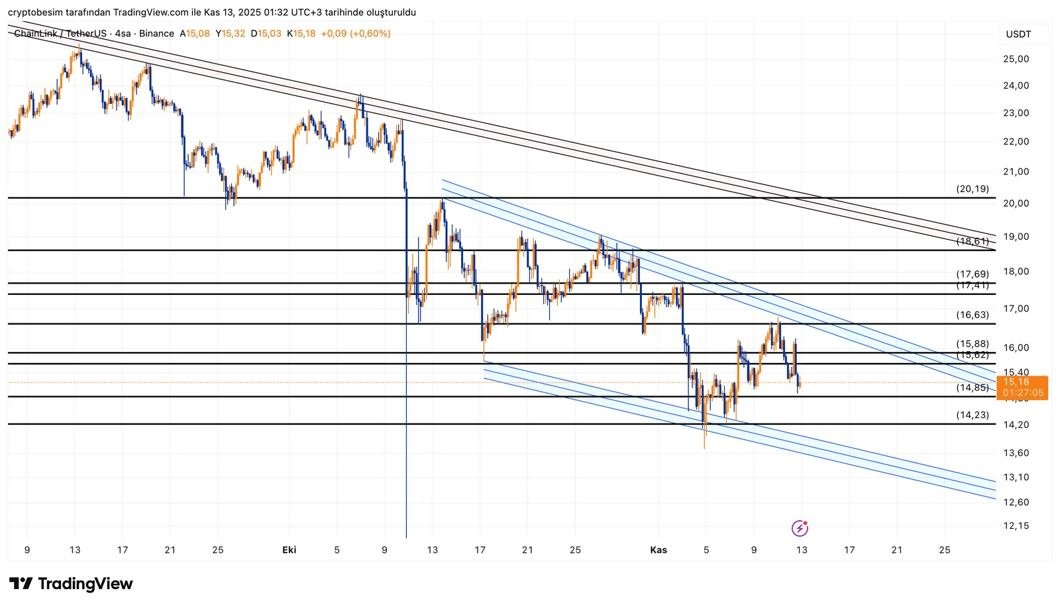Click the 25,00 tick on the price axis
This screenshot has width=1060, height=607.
[1016, 59]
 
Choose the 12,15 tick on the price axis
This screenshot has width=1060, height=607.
[1016, 526]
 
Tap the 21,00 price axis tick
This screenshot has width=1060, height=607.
[1016, 172]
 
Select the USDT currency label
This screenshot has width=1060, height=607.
[1018, 34]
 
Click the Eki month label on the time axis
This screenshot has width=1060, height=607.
[289, 550]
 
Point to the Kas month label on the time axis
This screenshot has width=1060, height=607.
[659, 550]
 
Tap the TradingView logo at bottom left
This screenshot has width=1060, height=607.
[71, 584]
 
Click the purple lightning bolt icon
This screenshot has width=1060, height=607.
[800, 528]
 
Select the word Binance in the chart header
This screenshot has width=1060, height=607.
[156, 34]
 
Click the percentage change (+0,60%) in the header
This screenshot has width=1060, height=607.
[370, 34]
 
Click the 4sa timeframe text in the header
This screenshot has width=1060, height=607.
[123, 34]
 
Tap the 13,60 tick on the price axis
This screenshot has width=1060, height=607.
[1016, 453]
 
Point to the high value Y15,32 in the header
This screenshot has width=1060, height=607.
[231, 34]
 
